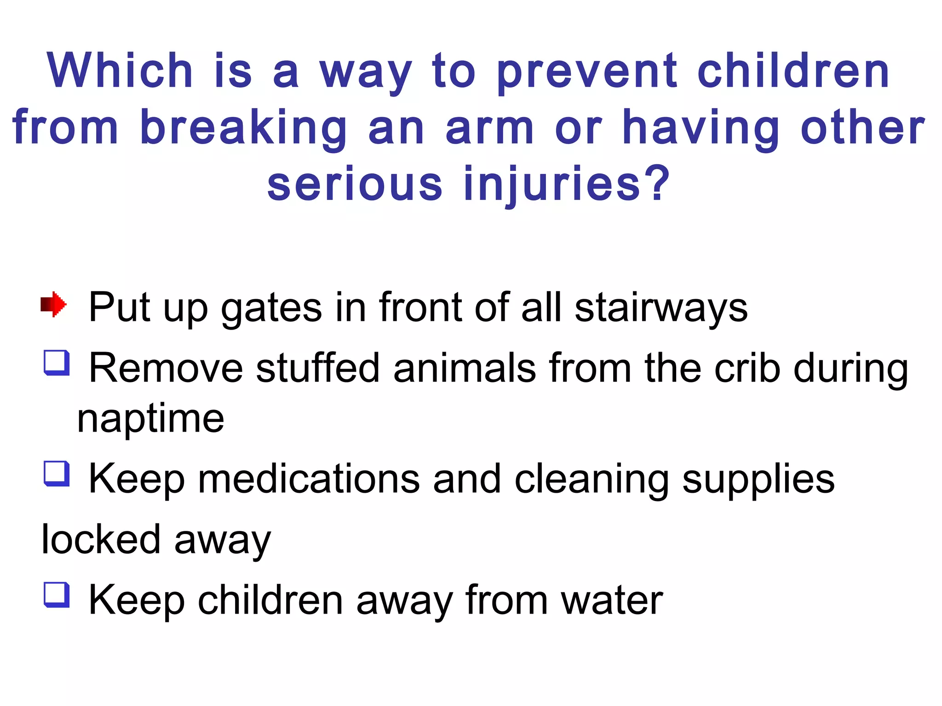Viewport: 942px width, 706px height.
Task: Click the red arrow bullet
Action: [x=53, y=304]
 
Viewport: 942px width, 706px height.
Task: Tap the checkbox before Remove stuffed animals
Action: [x=57, y=363]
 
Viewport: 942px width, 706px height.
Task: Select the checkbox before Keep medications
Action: [x=57, y=473]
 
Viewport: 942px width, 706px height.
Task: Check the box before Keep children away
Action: [x=57, y=595]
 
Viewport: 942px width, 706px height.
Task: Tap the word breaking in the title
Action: [x=243, y=129]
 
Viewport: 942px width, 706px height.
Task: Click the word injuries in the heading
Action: [x=566, y=185]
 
